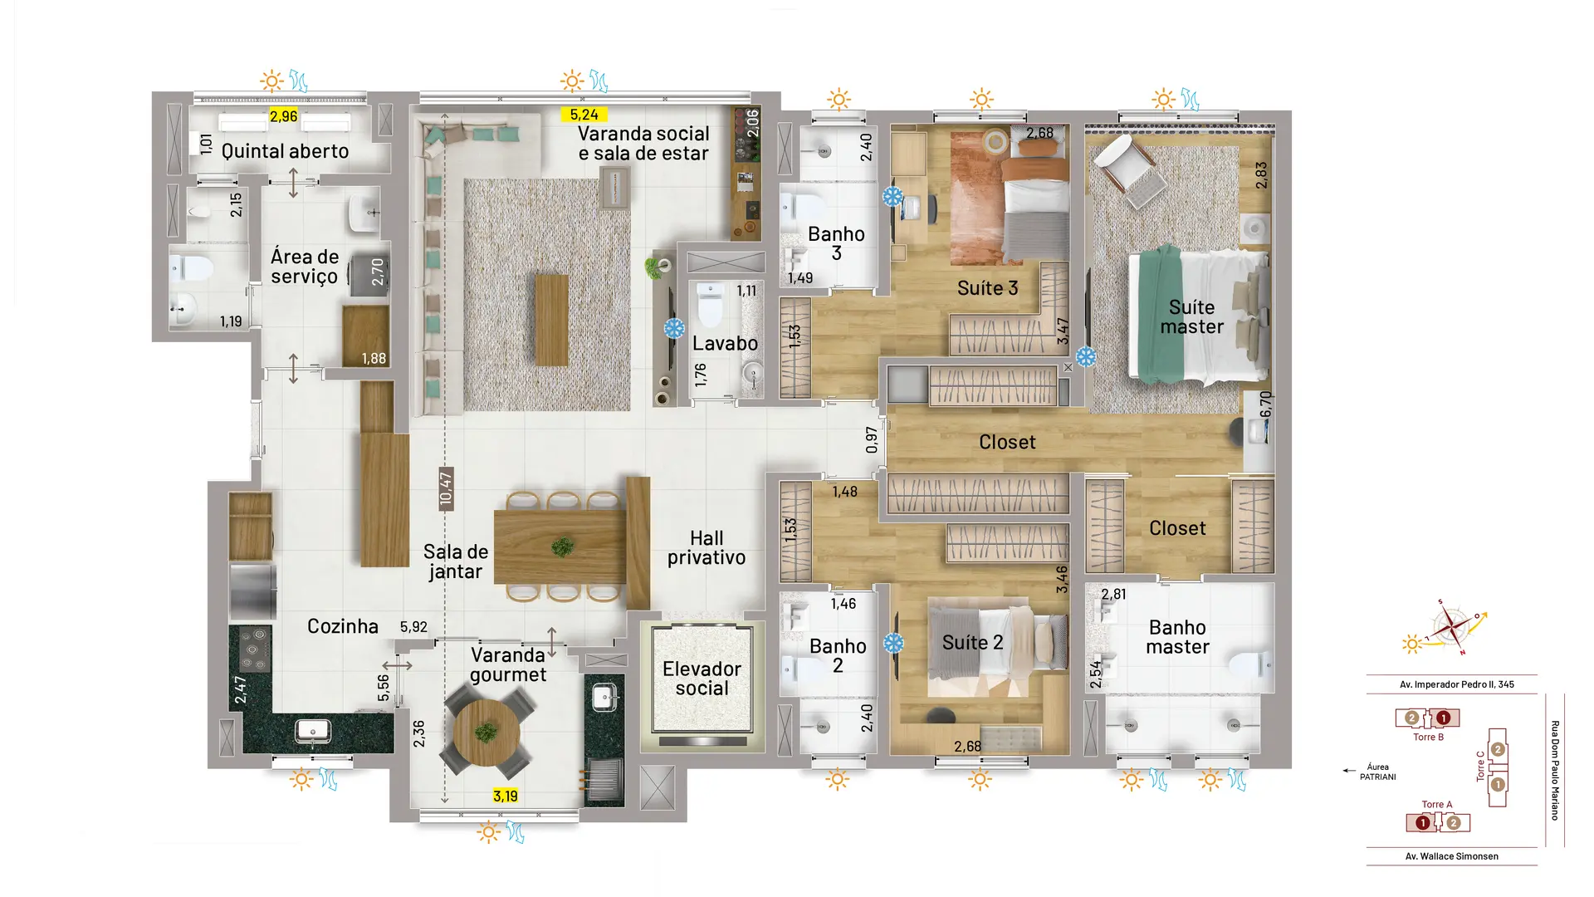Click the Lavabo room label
[725, 343]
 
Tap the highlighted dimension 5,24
[584, 115]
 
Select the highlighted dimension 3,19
[505, 796]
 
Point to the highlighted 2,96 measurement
[283, 116]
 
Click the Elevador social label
[702, 679]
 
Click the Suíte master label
[1191, 317]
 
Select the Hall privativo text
[707, 547]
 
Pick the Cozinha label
[343, 626]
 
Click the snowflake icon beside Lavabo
[674, 328]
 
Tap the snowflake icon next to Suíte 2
[893, 643]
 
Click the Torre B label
[1428, 737]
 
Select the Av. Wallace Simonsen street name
[1452, 856]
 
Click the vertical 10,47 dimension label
[446, 488]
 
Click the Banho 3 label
[836, 243]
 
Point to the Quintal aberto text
[285, 151]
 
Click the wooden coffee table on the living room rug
[552, 321]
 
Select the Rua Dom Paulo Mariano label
[1555, 771]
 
